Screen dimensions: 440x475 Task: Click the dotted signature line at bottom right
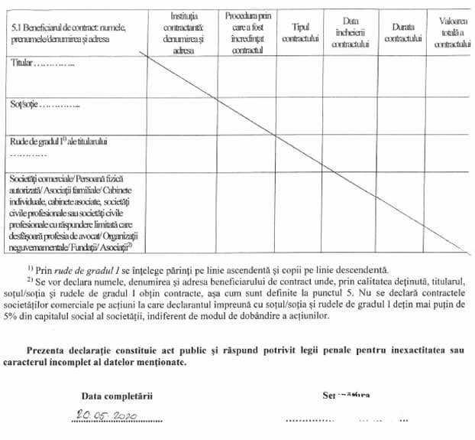(344, 420)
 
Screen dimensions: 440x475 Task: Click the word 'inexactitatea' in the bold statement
(415, 349)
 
